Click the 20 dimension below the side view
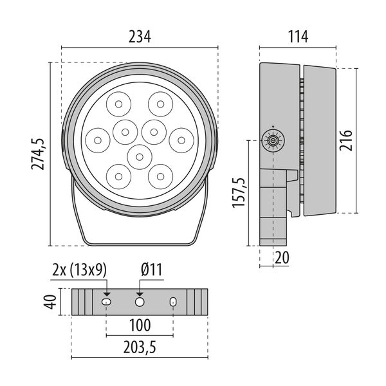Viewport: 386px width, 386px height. tap(281, 257)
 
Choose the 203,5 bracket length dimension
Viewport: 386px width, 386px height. tap(140, 348)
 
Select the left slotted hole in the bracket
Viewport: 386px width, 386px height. tap(107, 302)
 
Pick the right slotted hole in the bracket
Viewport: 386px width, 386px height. tap(172, 302)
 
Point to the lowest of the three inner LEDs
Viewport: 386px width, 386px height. tap(139, 155)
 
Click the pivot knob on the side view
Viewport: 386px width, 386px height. tap(273, 140)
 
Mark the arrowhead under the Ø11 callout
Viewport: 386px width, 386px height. tap(140, 293)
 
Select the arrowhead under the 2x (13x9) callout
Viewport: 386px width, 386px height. tap(107, 293)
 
